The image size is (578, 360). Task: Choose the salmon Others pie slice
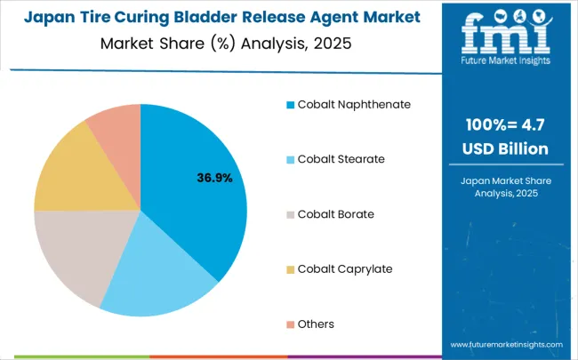[116, 129]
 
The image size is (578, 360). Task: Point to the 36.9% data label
[214, 178]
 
